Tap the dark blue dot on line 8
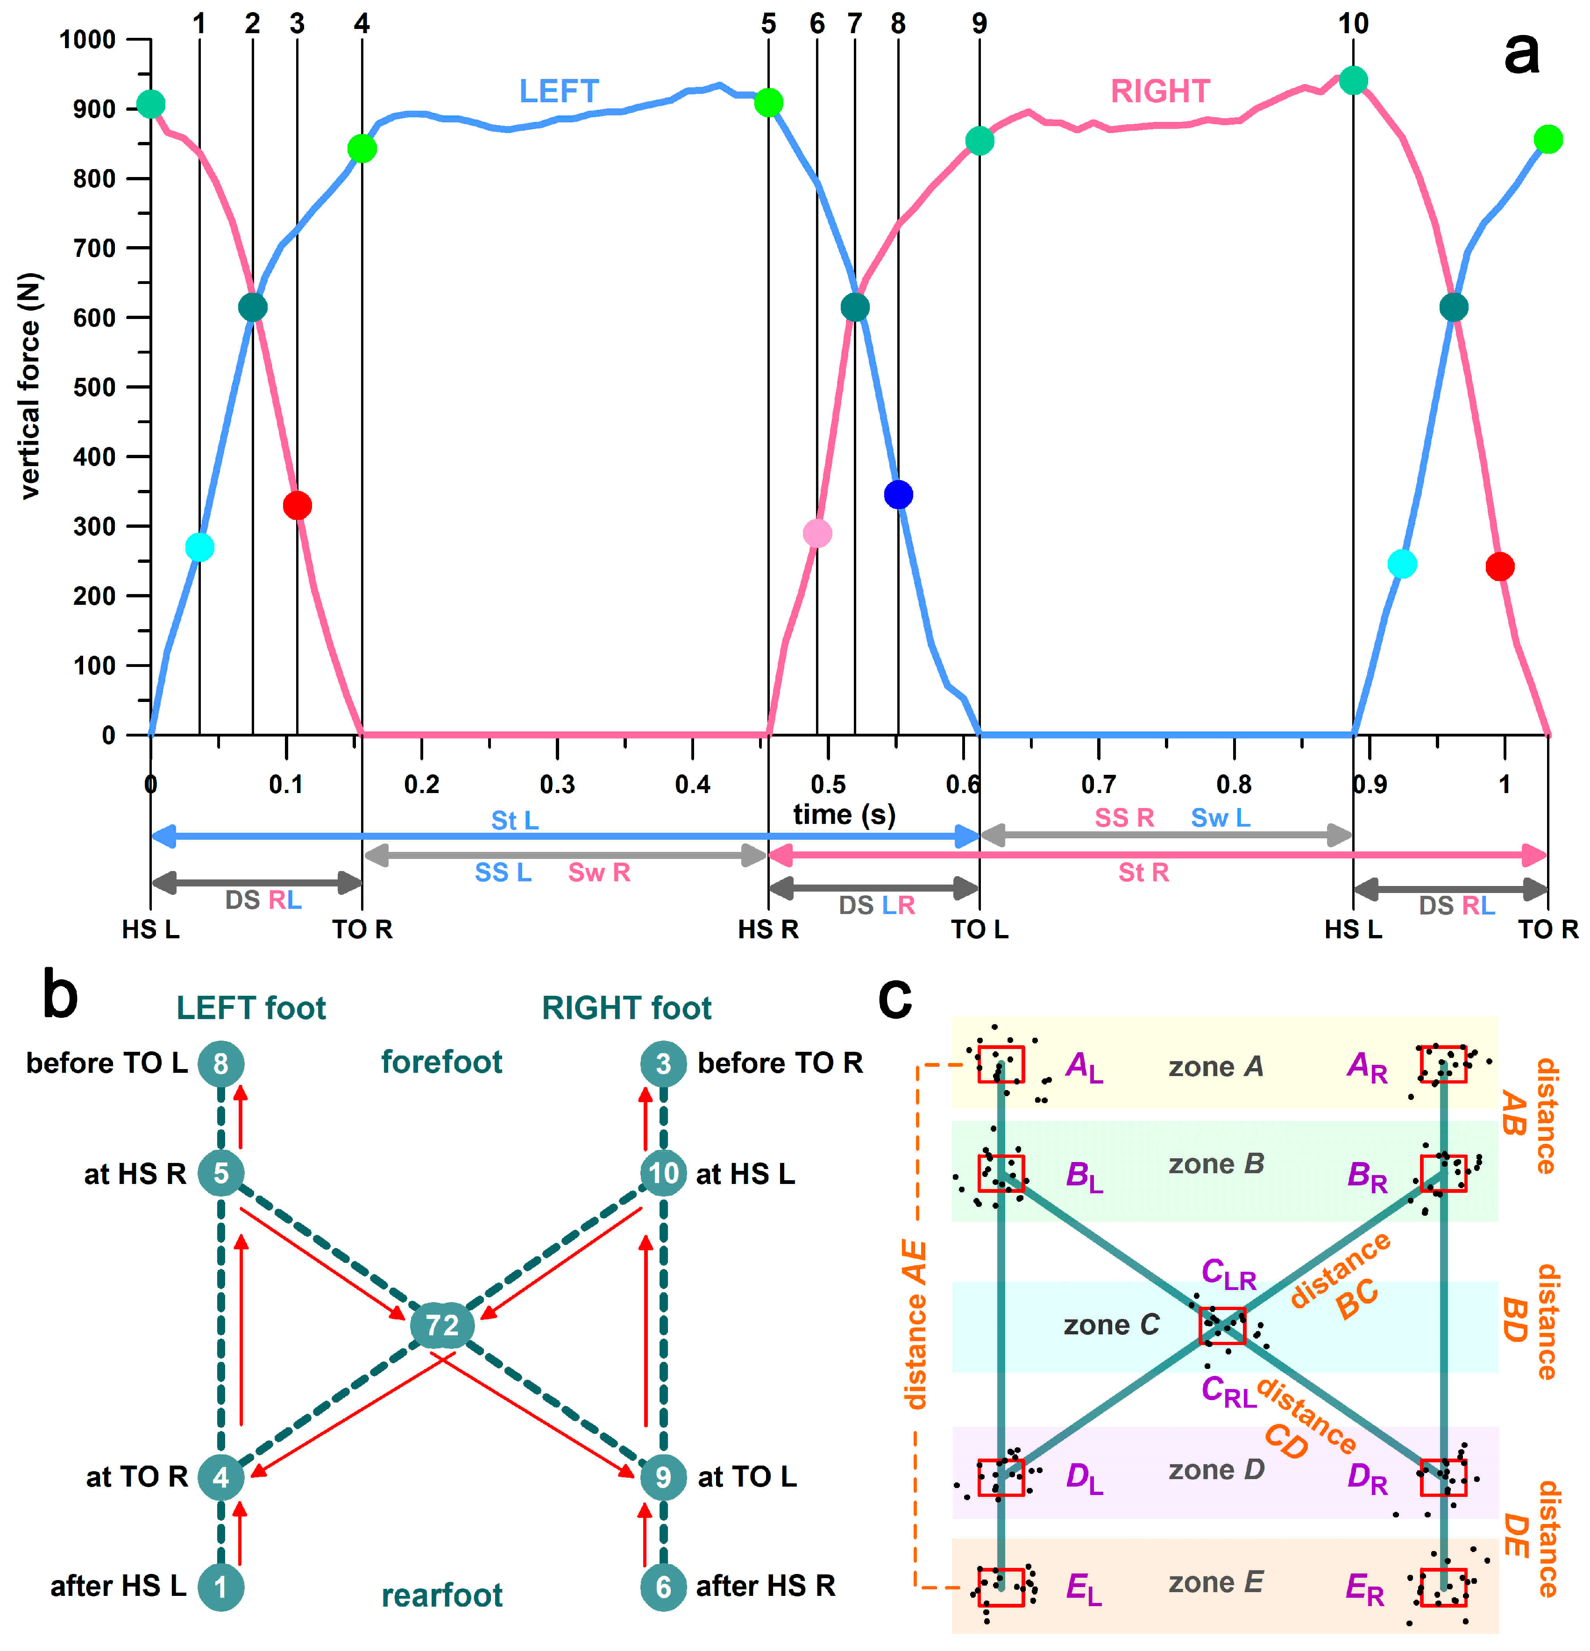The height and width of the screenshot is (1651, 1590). [898, 495]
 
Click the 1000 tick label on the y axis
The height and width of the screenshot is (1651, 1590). [88, 40]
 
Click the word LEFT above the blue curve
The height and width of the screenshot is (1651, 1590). [559, 91]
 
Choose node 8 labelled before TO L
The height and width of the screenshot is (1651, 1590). [221, 1064]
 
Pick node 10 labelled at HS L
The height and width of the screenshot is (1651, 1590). [663, 1173]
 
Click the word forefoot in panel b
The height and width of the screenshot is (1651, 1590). [441, 1062]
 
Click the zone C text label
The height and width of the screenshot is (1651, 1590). [1111, 1325]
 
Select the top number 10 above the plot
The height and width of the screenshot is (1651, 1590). [1353, 23]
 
